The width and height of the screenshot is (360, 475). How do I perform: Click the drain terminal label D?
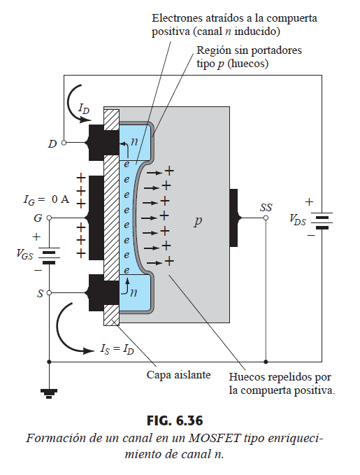(x=52, y=143)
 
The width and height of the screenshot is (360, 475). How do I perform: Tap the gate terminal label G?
(x=38, y=218)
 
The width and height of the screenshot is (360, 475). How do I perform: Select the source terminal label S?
(x=41, y=293)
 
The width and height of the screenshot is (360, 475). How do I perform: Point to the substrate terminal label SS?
(x=266, y=208)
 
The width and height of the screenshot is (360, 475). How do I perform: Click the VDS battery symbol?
(x=322, y=220)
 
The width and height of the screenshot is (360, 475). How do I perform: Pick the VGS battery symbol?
(x=49, y=255)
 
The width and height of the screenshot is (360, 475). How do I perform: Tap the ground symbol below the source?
(x=49, y=393)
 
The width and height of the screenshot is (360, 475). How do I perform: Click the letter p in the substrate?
(x=198, y=221)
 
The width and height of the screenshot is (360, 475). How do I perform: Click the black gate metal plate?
(x=96, y=218)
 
